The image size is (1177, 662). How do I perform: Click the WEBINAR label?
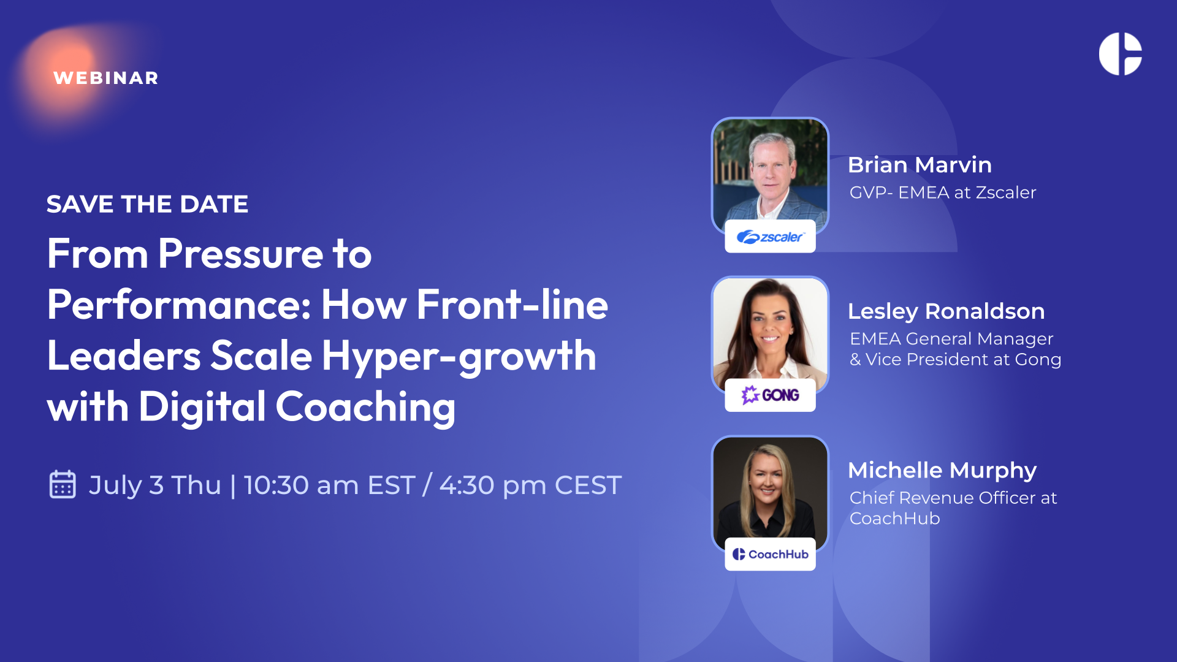coord(106,78)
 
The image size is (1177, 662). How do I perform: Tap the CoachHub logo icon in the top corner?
coord(1120,54)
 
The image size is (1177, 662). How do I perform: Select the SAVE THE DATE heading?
coord(147,204)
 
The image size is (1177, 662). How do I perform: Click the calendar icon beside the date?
coord(63,484)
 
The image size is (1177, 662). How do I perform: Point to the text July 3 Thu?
coord(155,485)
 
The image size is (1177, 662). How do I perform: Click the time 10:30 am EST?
coord(330,485)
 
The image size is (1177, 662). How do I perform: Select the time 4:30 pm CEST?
coord(531,485)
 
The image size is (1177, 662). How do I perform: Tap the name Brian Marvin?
coord(920,165)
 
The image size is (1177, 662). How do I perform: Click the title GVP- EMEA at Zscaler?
coord(943,192)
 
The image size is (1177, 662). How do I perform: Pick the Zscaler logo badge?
coord(770,236)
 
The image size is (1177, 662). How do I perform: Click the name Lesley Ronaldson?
coord(946,311)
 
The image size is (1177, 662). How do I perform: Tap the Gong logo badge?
coord(770,395)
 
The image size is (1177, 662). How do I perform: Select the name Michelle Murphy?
coord(942,470)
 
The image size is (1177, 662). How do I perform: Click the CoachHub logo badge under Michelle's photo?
coord(770,554)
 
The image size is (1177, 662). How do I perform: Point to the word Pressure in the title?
coord(240,254)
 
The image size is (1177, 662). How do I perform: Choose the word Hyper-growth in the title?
coord(459,356)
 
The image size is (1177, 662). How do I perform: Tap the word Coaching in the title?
coord(366,407)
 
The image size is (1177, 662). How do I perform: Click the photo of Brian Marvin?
coord(770,175)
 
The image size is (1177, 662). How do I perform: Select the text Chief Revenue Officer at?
coord(953,498)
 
